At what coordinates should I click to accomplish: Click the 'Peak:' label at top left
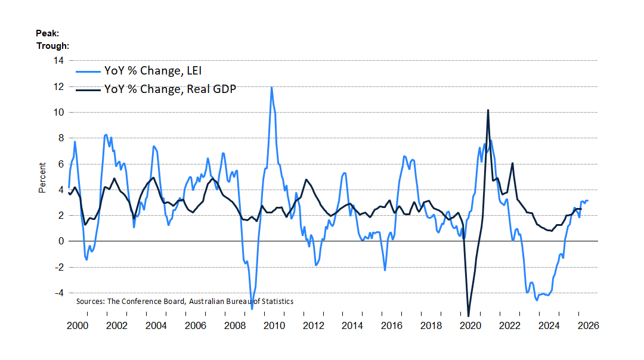pyautogui.click(x=47, y=33)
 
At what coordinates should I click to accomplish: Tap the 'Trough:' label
pyautogui.click(x=52, y=45)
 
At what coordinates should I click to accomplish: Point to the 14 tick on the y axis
pyautogui.click(x=58, y=60)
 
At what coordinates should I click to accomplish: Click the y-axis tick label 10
pyautogui.click(x=58, y=112)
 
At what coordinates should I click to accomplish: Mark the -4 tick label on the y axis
pyautogui.click(x=59, y=293)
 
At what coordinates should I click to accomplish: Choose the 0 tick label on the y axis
pyautogui.click(x=61, y=241)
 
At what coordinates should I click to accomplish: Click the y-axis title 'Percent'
pyautogui.click(x=42, y=178)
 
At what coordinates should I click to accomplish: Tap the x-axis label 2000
pyautogui.click(x=78, y=325)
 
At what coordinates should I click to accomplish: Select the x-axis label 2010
pyautogui.click(x=274, y=325)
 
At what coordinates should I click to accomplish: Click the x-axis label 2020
pyautogui.click(x=470, y=325)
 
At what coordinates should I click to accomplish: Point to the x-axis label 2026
pyautogui.click(x=588, y=325)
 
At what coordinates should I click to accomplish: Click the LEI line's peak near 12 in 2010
pyautogui.click(x=271, y=87)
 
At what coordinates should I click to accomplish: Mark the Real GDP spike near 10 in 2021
pyautogui.click(x=488, y=110)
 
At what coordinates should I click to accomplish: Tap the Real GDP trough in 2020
pyautogui.click(x=469, y=316)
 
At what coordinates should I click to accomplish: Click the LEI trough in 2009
pyautogui.click(x=252, y=309)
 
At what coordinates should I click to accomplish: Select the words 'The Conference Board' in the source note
pyautogui.click(x=146, y=302)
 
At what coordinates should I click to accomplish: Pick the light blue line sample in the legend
pyautogui.click(x=88, y=72)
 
